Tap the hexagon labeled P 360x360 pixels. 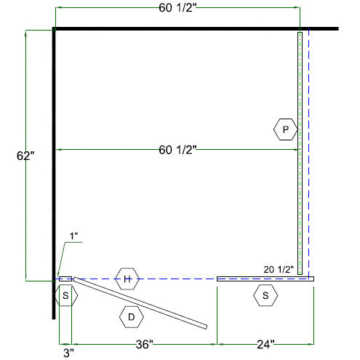pyautogui.click(x=286, y=129)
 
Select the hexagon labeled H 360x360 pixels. pyautogui.click(x=127, y=279)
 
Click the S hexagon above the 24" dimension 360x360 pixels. pyautogui.click(x=265, y=295)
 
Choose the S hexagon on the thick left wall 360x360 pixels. pyautogui.click(x=65, y=295)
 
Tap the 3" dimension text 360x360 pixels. pyautogui.click(x=65, y=353)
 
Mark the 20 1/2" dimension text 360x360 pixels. pyautogui.click(x=279, y=269)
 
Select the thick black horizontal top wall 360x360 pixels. pyautogui.click(x=196, y=29)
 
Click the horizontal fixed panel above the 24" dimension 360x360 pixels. pyautogui.click(x=265, y=278)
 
